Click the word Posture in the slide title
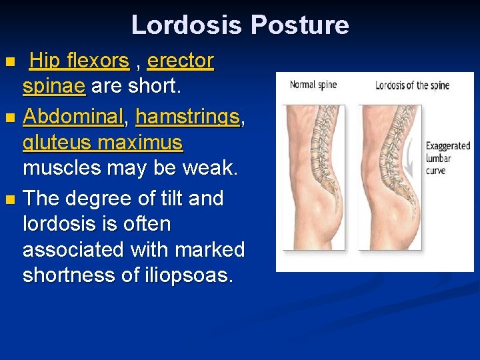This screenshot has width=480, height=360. click(299, 25)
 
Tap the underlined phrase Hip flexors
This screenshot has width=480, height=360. click(79, 61)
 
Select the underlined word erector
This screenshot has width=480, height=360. click(180, 61)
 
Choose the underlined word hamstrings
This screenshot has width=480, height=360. click(187, 117)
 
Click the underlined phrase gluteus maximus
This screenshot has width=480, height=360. click(103, 143)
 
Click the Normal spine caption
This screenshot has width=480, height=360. click(313, 85)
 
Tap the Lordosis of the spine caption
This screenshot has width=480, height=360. click(412, 85)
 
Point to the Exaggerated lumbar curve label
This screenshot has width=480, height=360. click(447, 159)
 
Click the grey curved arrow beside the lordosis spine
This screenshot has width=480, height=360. click(415, 157)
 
